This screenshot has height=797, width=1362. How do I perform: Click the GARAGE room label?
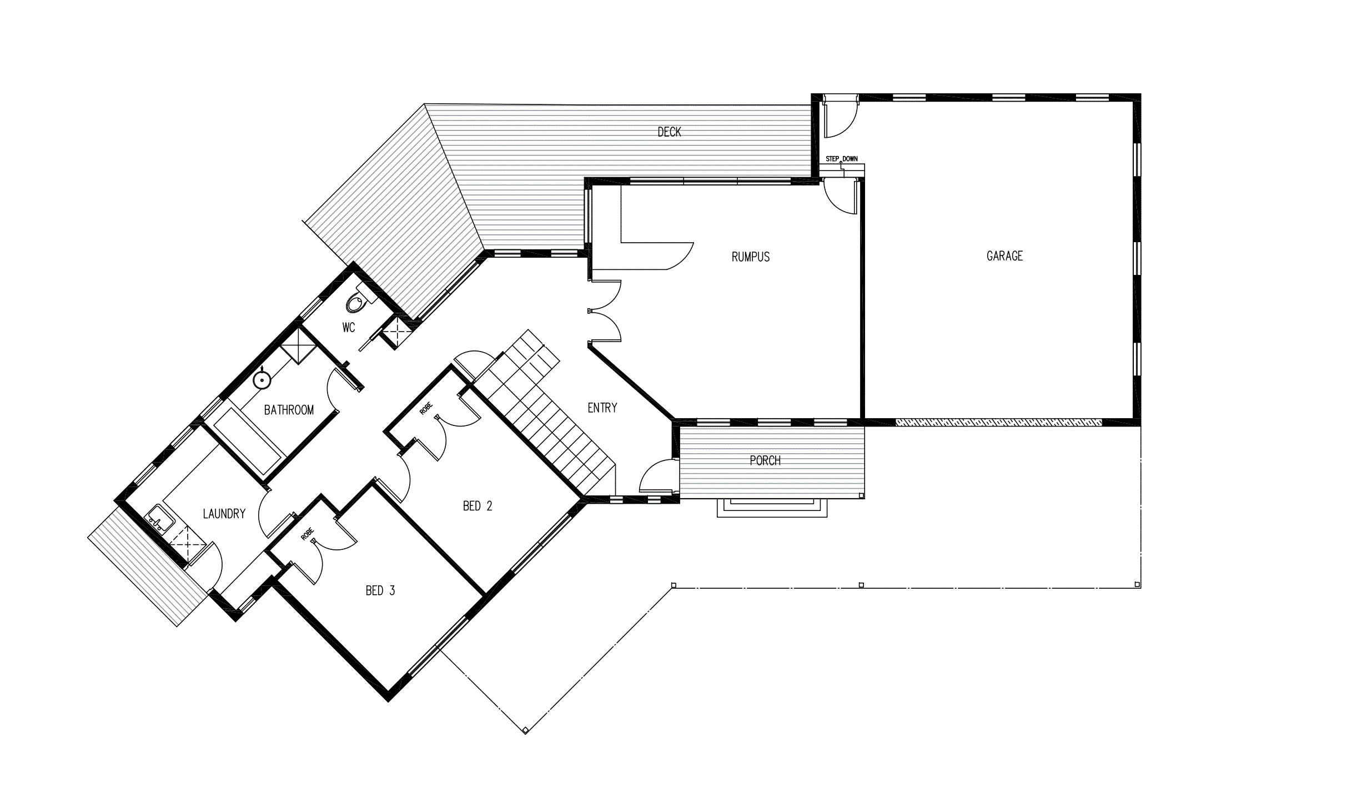(1004, 256)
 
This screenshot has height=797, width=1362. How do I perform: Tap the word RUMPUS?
(751, 257)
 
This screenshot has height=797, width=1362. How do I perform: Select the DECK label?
(669, 132)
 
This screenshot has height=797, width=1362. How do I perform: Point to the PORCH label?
(765, 460)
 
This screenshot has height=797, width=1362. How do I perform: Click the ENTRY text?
(602, 408)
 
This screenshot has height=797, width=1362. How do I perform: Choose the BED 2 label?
(478, 506)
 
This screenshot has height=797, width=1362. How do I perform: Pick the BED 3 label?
(380, 591)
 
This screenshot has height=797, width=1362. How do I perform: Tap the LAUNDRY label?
(224, 514)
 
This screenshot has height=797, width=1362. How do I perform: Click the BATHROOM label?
(289, 410)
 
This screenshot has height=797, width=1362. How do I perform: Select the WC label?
(349, 328)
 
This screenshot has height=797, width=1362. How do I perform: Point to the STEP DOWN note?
(842, 159)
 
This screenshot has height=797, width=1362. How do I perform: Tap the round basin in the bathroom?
(262, 380)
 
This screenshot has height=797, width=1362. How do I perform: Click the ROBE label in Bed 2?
(426, 408)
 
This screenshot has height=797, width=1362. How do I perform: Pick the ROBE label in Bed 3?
(307, 534)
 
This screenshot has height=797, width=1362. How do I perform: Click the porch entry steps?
(772, 508)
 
